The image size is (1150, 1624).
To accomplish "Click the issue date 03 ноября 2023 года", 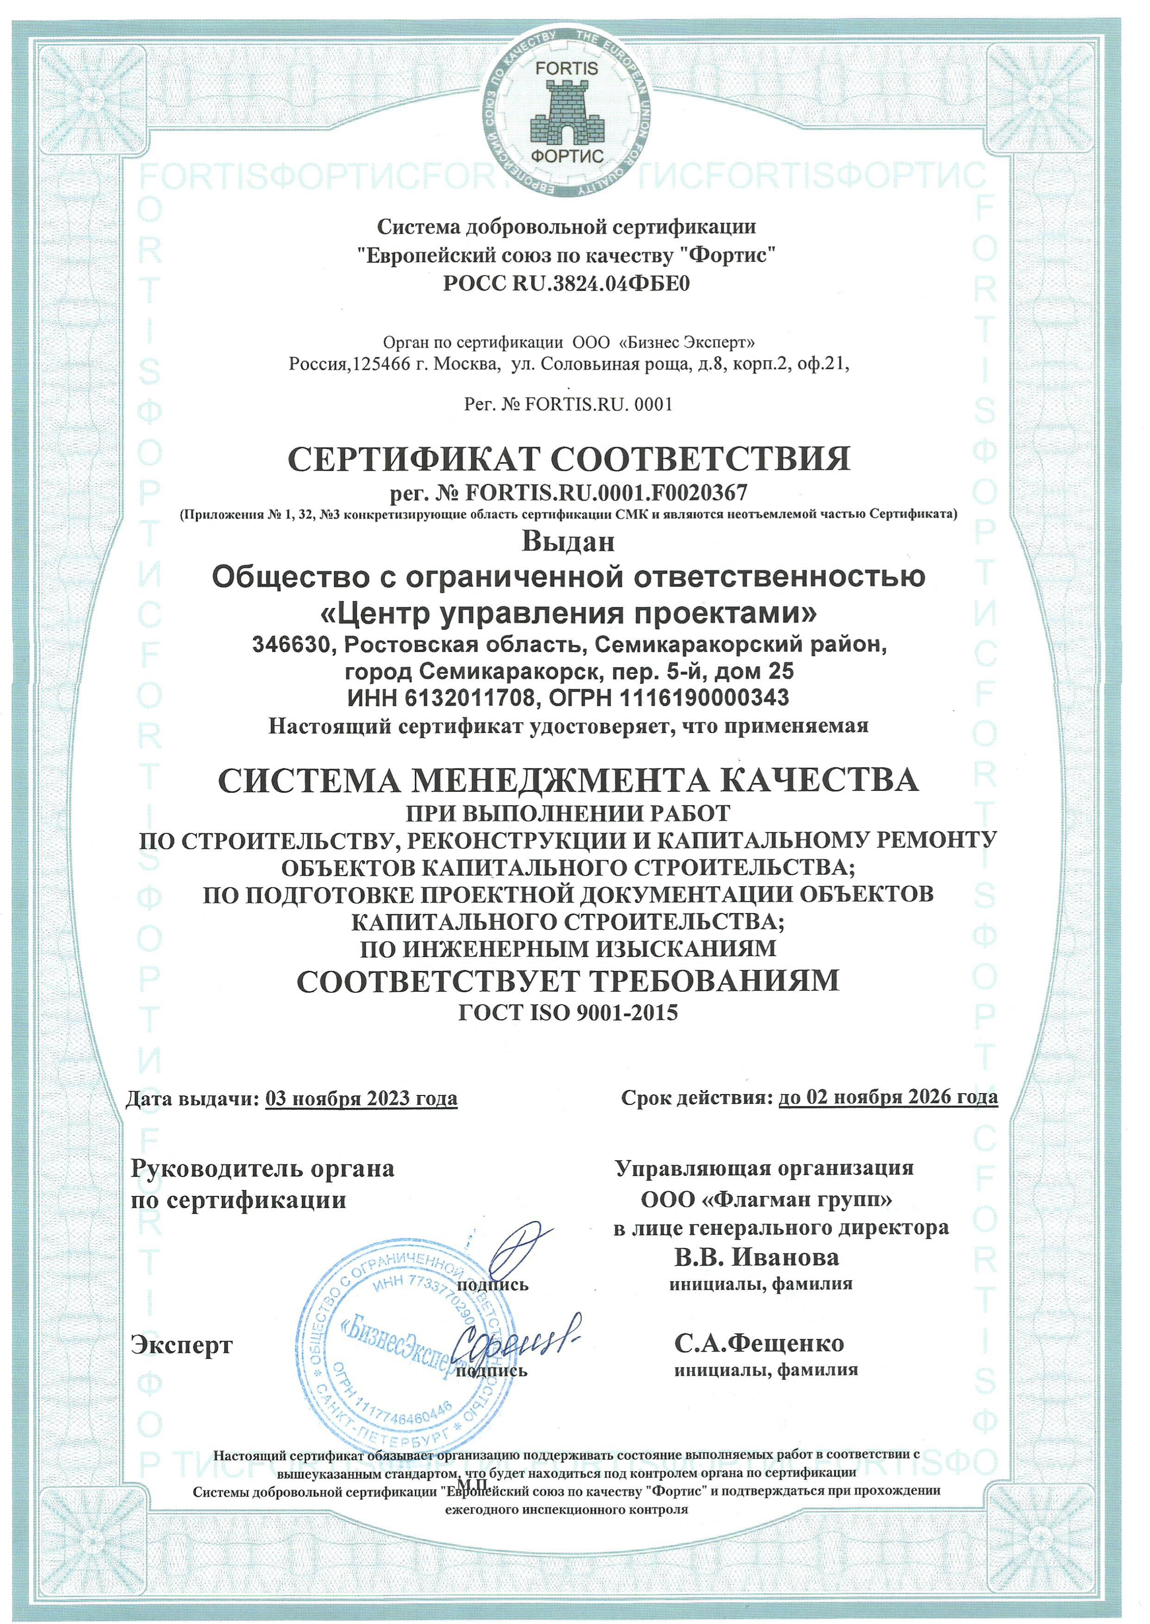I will pos(361,1098).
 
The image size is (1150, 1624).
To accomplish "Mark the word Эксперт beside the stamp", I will pos(181,1344).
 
